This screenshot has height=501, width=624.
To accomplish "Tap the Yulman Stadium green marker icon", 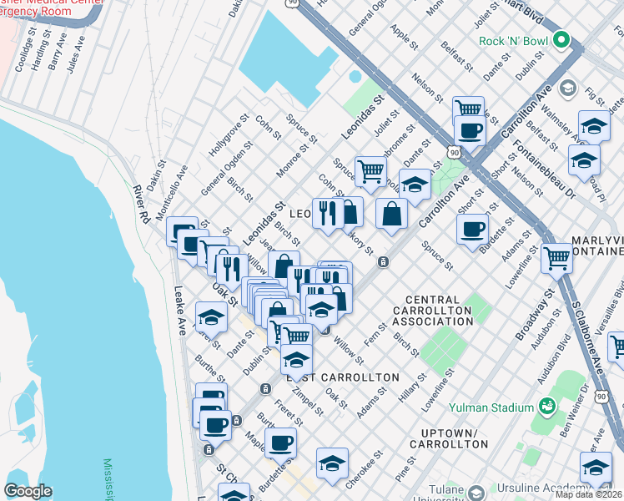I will pyautogui.click(x=548, y=407).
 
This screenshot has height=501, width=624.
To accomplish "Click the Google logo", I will pyautogui.click(x=28, y=491).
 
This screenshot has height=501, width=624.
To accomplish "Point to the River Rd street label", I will pyautogui.click(x=142, y=204).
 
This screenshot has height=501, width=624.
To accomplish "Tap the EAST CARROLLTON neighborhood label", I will pyautogui.click(x=343, y=377).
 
